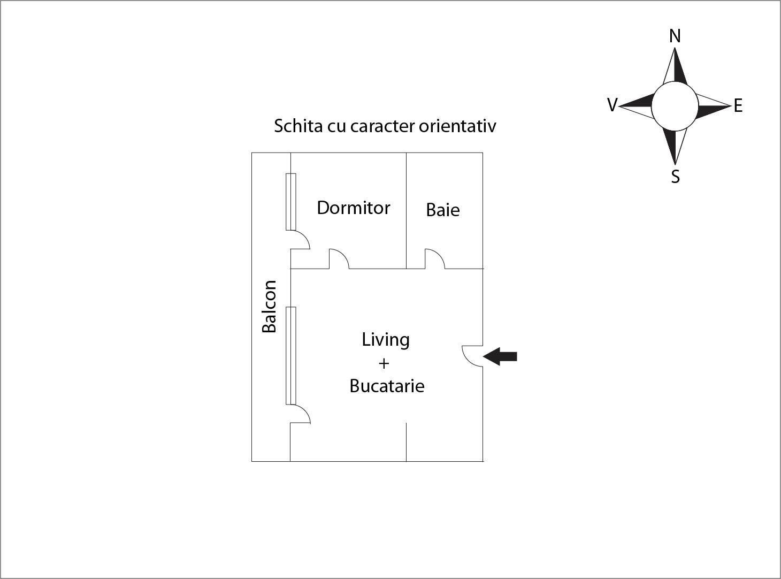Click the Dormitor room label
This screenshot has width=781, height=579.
click(x=354, y=208)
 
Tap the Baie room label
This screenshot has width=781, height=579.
click(x=443, y=210)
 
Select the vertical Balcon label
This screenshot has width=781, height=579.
click(x=269, y=306)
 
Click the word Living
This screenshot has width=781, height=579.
click(x=386, y=340)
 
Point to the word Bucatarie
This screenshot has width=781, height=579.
click(x=387, y=386)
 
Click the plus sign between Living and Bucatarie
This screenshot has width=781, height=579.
click(x=384, y=363)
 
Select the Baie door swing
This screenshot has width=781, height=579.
click(x=434, y=259)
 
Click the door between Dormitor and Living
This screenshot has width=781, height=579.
click(x=338, y=259)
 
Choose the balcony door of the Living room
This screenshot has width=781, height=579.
click(x=300, y=414)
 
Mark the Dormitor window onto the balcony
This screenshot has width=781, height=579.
click(x=291, y=202)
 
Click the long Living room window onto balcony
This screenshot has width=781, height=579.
click(x=291, y=355)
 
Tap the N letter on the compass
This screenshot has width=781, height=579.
click(x=675, y=36)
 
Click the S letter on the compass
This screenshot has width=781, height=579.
click(x=676, y=177)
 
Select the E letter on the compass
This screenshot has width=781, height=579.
click(x=738, y=106)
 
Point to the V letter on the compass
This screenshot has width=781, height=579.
click(x=612, y=105)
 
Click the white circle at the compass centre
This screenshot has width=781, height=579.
click(x=675, y=106)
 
